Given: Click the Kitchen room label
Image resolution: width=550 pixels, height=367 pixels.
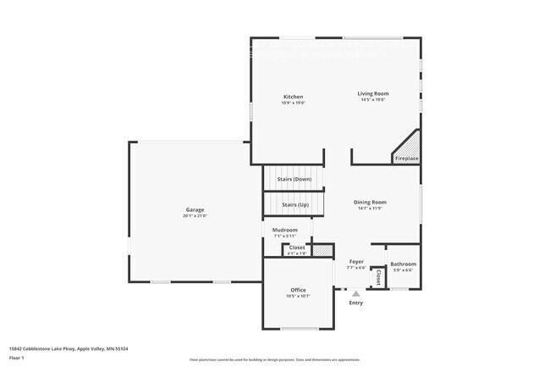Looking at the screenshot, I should tap(293, 97).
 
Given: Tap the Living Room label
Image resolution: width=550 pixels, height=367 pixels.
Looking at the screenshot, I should tap(372, 93).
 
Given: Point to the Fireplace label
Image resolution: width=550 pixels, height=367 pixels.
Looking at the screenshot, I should tap(407, 158).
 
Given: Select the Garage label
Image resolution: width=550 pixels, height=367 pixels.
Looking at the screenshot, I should tap(195, 209).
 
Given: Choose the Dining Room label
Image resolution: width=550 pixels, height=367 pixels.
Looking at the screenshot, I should tap(370, 202).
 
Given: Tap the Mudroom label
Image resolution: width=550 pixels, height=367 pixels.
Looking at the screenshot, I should tap(285, 230).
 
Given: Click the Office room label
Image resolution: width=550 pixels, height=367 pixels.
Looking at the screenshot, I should tap(298, 290).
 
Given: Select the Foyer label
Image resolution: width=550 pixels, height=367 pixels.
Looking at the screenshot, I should tap(356, 262).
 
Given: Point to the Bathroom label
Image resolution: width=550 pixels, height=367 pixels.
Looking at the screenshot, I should tap(403, 264).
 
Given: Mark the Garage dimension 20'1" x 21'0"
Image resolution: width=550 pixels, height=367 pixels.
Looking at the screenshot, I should tap(195, 216).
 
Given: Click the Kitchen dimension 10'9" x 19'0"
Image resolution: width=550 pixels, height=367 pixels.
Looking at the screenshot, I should tap(293, 103).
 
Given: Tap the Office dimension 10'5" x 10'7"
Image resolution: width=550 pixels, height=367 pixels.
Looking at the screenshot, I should tap(298, 297).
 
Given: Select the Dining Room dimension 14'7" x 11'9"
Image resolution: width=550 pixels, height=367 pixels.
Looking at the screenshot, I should tap(370, 209).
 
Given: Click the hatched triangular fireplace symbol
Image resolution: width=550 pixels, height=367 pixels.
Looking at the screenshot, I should tap(410, 144).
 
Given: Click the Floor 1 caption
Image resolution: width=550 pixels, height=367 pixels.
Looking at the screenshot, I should tap(17, 358).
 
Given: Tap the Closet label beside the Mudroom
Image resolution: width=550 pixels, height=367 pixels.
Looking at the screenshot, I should tap(298, 247).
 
